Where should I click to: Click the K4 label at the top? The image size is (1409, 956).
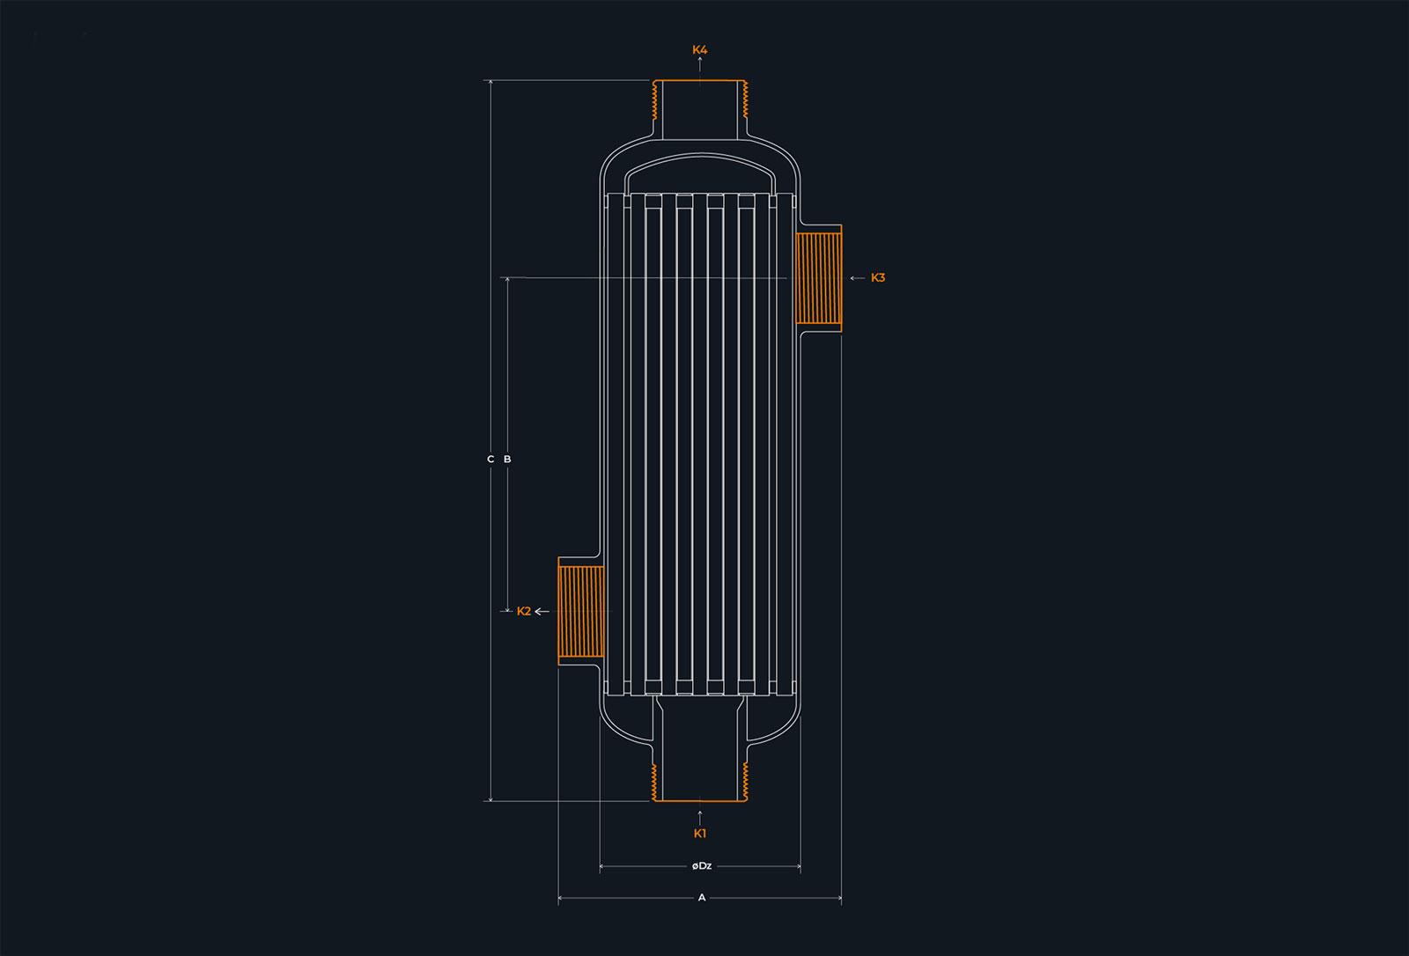pyautogui.click(x=699, y=49)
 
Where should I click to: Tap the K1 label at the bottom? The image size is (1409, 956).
pyautogui.click(x=699, y=834)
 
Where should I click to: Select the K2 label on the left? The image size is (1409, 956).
pyautogui.click(x=524, y=611)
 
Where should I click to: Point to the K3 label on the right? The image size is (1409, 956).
pyautogui.click(x=878, y=278)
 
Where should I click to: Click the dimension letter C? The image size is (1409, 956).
pyautogui.click(x=491, y=460)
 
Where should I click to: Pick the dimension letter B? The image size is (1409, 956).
pyautogui.click(x=507, y=460)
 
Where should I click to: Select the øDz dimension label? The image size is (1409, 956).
pyautogui.click(x=701, y=866)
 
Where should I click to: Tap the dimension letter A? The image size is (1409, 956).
pyautogui.click(x=702, y=898)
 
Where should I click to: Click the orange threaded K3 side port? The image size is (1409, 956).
pyautogui.click(x=818, y=278)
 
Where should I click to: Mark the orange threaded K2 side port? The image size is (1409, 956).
pyautogui.click(x=581, y=611)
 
